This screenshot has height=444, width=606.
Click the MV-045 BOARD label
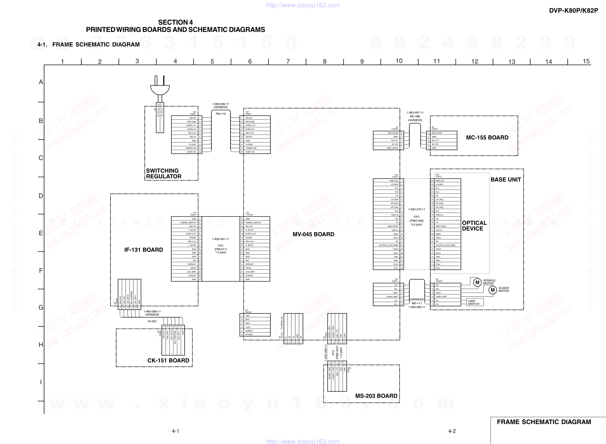tap(313, 234)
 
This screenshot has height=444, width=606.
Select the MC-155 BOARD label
tap(487, 138)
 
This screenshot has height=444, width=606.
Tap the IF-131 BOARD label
tap(143, 250)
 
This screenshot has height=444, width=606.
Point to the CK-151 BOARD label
tap(168, 361)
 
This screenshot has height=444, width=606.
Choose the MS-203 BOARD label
tap(376, 396)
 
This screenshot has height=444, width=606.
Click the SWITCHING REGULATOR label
tap(163, 174)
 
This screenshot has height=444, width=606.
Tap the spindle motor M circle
tap(477, 282)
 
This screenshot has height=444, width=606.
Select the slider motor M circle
tap(492, 290)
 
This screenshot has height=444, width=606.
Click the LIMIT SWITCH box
tap(475, 302)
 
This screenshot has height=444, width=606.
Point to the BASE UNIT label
tap(506, 180)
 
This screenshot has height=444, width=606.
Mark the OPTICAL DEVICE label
tap(474, 226)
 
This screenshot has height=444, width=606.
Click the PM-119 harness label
tap(221, 114)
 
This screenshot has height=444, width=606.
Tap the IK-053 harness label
tap(152, 321)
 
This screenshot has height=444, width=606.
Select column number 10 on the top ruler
tap(399, 61)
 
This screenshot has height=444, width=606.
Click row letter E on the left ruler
tap(41, 233)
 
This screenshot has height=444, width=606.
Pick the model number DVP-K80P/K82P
tap(573, 10)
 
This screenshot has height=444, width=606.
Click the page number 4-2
tap(452, 431)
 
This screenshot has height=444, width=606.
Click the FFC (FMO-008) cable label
tap(416, 219)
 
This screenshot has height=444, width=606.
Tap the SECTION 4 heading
tap(175, 22)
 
